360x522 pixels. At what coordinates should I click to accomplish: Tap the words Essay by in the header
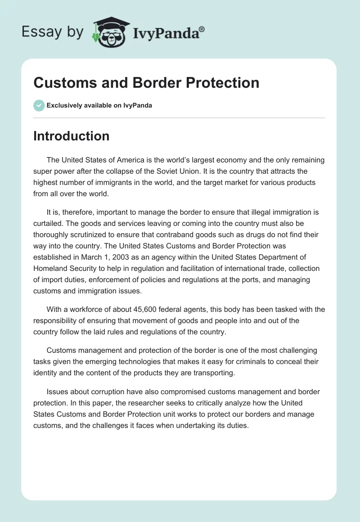tap(53, 31)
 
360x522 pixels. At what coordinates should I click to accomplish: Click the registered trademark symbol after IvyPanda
tap(202, 30)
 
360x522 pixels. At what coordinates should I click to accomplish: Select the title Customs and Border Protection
tap(146, 83)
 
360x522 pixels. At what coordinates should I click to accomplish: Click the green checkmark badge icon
tap(39, 105)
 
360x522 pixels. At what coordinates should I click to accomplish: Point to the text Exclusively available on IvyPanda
tap(99, 105)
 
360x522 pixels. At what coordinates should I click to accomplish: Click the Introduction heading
tap(71, 136)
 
